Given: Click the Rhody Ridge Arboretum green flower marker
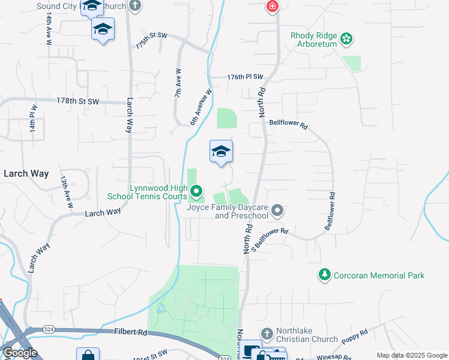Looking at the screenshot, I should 346,40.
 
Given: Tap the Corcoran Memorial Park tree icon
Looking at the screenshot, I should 325,275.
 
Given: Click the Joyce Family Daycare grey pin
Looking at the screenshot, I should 277,211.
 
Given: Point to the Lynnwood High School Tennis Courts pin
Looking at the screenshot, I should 197,192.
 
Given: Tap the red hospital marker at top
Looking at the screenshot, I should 273,7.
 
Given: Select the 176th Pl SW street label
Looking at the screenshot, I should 246,77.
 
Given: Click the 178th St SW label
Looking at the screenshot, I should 77,101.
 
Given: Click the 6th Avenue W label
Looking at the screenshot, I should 202,107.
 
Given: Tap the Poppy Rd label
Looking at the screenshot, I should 356,336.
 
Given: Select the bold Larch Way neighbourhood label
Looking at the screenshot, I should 26,173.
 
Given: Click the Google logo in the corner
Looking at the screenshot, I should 20,353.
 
